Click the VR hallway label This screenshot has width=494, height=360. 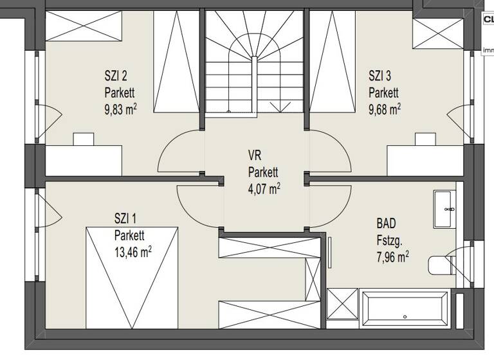255,155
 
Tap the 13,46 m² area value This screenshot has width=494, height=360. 133,251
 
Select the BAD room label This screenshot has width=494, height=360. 387,224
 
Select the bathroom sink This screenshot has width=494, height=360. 445,209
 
